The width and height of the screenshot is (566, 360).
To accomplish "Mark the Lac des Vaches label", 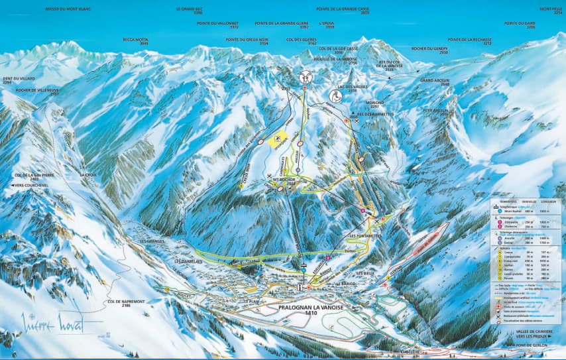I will (x=352, y=88).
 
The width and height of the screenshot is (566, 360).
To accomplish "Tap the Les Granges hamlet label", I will (x=152, y=241).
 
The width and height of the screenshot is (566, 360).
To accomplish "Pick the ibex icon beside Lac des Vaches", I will (x=335, y=95).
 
